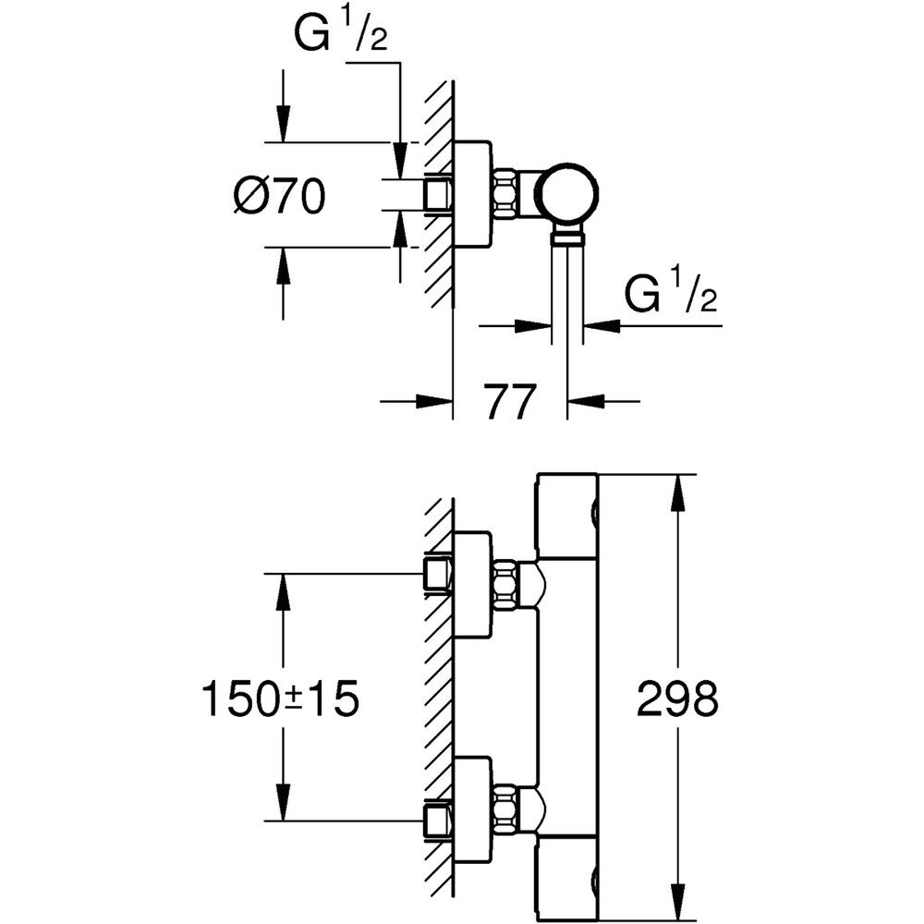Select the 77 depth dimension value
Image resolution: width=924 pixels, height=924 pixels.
510,402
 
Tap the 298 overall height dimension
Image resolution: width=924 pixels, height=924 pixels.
677,699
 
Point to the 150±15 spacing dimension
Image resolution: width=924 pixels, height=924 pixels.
281,699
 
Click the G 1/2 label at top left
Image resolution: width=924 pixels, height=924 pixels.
341,34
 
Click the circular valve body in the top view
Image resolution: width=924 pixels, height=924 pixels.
568,195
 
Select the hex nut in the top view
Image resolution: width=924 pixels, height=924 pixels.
506,194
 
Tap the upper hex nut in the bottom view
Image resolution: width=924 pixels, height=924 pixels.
506,585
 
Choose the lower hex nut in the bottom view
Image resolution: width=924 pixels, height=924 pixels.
506,808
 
